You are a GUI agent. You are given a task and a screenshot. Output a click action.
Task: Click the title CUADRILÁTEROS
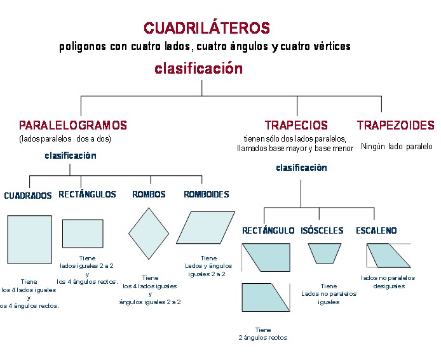point(207,28)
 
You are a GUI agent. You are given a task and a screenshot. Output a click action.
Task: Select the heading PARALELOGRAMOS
point(73,126)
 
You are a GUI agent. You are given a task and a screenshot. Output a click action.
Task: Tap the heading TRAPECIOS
point(296,126)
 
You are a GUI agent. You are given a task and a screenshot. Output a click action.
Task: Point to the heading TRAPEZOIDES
point(395,126)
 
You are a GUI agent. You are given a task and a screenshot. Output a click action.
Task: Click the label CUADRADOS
point(28,196)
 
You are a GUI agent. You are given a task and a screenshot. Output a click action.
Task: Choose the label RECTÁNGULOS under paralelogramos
point(87,194)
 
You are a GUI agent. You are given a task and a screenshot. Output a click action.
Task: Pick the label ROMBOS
point(149,194)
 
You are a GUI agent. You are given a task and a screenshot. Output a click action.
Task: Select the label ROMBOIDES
point(207,194)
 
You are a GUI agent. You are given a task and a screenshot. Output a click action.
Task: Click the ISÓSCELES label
point(322,230)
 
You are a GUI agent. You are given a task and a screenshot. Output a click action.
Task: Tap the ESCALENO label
point(376,230)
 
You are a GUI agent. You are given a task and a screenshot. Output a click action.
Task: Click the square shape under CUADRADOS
point(30,239)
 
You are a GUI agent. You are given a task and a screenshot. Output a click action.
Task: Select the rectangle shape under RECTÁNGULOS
point(83,233)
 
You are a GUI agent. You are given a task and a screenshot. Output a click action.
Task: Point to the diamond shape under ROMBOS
point(149,233)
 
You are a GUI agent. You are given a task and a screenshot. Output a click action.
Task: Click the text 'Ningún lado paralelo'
point(397,146)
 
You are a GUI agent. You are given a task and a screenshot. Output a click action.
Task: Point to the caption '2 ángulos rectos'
point(262,338)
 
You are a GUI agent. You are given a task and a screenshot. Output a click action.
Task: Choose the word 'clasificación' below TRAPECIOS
point(301,168)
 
